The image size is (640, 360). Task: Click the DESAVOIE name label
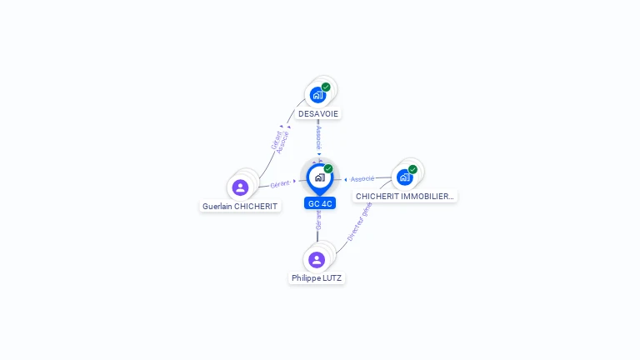(318, 113)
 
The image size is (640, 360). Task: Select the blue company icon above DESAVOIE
(317, 95)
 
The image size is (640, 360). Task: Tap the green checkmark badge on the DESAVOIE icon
(326, 87)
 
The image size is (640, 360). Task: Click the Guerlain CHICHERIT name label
(240, 206)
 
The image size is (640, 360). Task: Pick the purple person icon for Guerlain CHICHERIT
(240, 187)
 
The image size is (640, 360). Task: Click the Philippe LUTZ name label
(317, 277)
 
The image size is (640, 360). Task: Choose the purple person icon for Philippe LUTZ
(317, 259)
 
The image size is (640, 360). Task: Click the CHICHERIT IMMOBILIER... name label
(405, 197)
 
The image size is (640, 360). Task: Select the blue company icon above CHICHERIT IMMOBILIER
(404, 177)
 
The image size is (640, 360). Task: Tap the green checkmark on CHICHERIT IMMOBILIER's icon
(412, 169)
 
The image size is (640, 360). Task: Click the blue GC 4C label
(320, 203)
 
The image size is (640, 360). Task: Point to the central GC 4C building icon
(319, 177)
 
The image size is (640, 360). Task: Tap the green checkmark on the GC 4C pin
(328, 169)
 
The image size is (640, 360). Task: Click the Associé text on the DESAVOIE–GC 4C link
(318, 137)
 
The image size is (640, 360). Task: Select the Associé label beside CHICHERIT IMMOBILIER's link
(362, 179)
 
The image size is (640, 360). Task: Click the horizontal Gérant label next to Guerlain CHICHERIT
(280, 183)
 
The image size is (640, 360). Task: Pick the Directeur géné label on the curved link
(359, 222)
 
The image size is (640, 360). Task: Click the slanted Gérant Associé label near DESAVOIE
(280, 140)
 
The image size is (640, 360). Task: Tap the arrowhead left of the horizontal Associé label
(346, 179)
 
